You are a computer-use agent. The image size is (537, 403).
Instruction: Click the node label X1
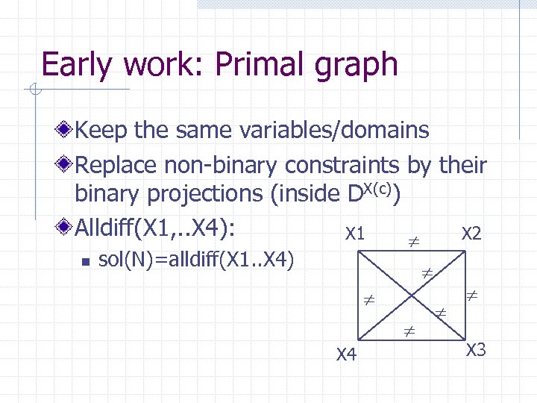click(x=354, y=234)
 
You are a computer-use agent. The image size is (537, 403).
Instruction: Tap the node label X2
click(x=471, y=234)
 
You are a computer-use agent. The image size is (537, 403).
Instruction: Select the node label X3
click(x=476, y=350)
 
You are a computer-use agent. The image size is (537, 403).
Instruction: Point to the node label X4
click(x=345, y=354)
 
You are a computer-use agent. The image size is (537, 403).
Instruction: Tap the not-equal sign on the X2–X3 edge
click(x=471, y=296)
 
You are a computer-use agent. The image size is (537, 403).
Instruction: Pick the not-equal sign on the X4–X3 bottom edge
click(x=409, y=328)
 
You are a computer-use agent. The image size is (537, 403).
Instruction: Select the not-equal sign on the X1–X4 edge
click(x=368, y=301)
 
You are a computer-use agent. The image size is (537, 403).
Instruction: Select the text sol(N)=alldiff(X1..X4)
click(x=197, y=260)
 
